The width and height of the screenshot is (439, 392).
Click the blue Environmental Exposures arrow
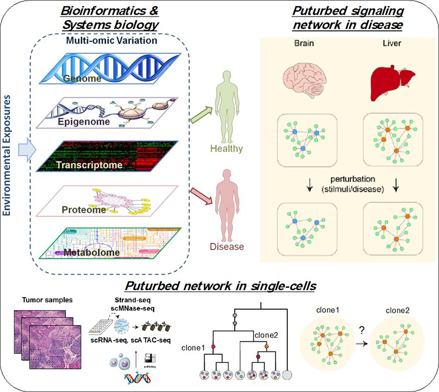(x=23, y=150)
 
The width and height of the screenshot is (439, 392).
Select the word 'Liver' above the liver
(x=393, y=43)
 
